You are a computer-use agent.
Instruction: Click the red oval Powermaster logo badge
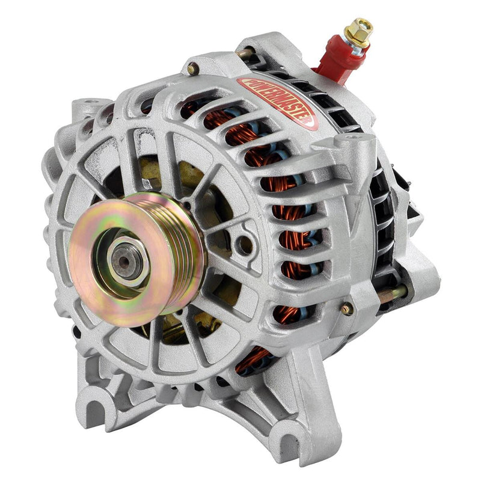[x=278, y=101]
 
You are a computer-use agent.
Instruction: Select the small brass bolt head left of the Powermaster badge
[x=192, y=69]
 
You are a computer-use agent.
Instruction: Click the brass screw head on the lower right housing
[x=347, y=309]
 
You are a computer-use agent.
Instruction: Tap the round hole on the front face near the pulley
[x=244, y=244]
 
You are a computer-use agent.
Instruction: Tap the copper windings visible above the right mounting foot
[x=253, y=361]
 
